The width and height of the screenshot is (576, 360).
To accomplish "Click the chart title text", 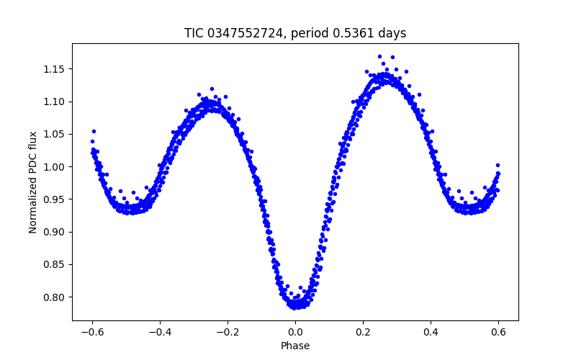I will (x=295, y=33).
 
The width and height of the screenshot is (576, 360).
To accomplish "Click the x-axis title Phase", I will (x=295, y=346).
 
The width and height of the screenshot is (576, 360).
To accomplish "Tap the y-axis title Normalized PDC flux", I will (x=33, y=182).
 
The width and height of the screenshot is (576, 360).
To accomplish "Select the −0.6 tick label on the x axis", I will (x=92, y=332).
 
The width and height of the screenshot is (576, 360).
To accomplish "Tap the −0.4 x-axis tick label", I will (x=160, y=332).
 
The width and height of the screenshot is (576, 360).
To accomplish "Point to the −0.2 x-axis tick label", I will (x=228, y=332).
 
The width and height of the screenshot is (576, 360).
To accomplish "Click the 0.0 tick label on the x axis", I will (x=295, y=332).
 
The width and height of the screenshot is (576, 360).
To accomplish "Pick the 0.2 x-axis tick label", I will (x=363, y=332).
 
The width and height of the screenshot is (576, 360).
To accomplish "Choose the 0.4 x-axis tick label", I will (x=431, y=332).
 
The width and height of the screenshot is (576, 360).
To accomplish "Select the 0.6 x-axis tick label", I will (x=498, y=332).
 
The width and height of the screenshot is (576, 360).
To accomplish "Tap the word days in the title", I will (x=392, y=33).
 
